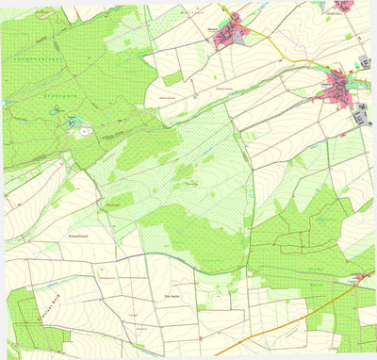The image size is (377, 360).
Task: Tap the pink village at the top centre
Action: pyautogui.click(x=229, y=35)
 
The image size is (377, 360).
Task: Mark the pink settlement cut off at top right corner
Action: pyautogui.click(x=345, y=5)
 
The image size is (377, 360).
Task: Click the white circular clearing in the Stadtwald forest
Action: pyautogui.click(x=86, y=132)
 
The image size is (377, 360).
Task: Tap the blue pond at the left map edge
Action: pyautogui.click(x=5, y=103)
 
